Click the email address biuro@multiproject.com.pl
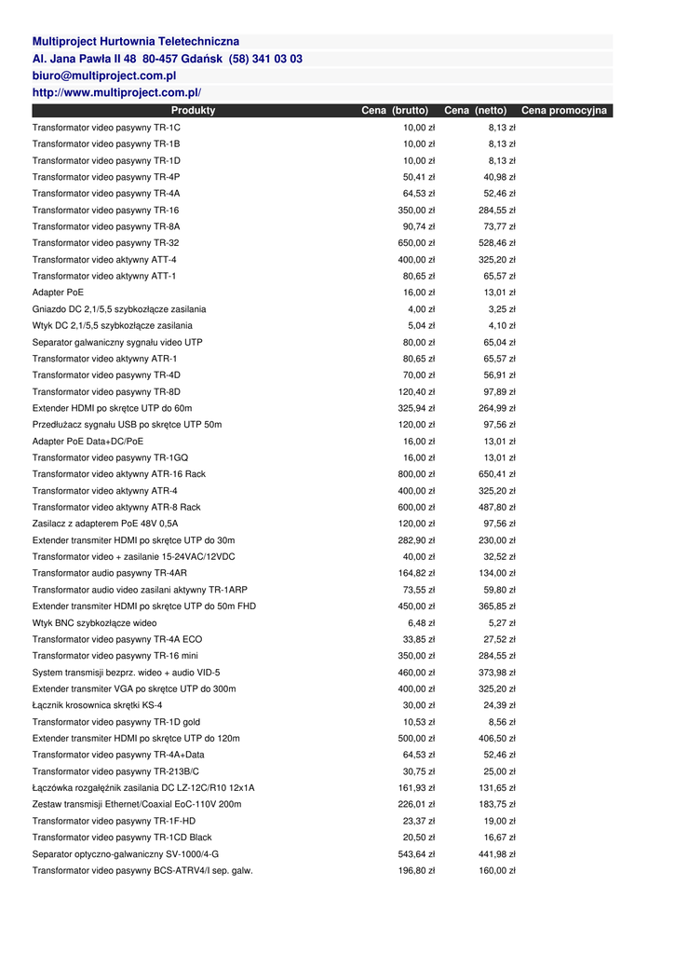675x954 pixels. coord(104,75)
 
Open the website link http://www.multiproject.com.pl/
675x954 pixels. coord(116,93)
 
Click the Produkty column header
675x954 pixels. coord(193,111)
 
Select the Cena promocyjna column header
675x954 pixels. coord(563,111)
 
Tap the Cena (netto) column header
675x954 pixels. coord(475,111)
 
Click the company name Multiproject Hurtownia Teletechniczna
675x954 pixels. coord(136,42)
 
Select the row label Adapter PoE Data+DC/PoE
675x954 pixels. coord(88,442)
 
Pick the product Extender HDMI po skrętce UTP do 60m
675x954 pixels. coord(112,408)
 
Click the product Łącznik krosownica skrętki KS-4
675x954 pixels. coord(97,705)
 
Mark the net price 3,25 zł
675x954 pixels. coord(502,309)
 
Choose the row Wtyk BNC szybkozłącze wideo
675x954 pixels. coord(94,623)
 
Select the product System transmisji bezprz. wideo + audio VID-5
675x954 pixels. coord(126,673)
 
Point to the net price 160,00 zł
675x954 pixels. coord(497,871)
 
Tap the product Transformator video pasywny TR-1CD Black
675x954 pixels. coord(122,838)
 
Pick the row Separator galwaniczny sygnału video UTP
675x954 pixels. coord(117,343)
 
